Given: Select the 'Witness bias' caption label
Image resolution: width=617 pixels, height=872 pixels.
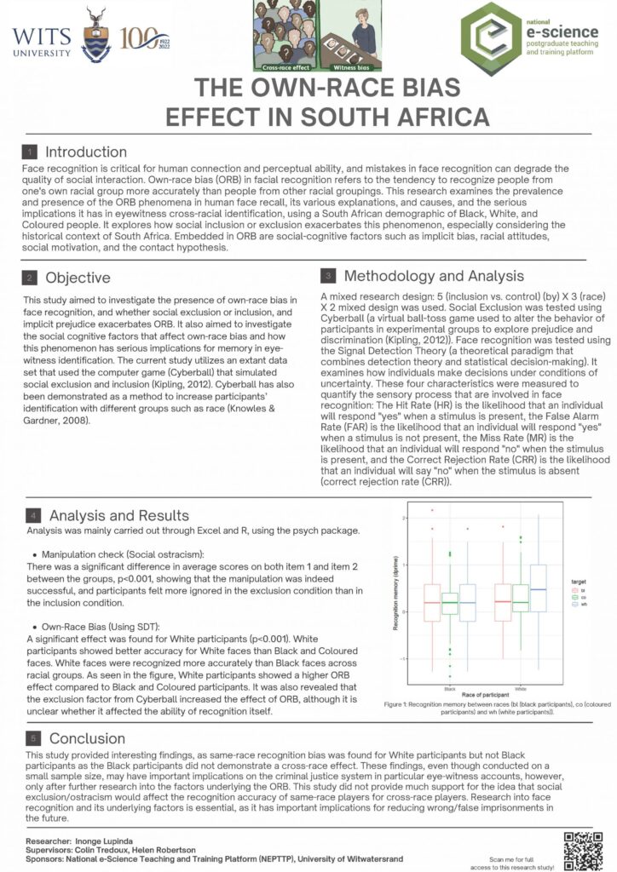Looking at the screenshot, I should (326, 66).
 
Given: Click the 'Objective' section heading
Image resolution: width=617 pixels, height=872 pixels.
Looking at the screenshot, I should (78, 278).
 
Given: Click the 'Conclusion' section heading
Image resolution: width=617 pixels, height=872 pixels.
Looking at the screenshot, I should (86, 738).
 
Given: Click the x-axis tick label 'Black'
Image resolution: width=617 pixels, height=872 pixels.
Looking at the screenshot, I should (447, 687).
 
